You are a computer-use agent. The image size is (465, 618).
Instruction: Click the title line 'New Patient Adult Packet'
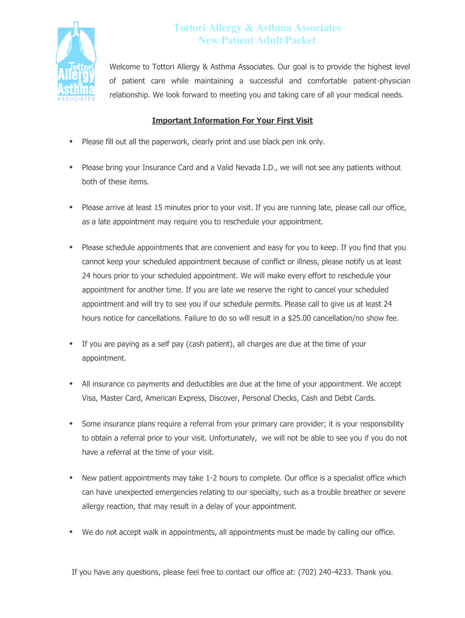257,40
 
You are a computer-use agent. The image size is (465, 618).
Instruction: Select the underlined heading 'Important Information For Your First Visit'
232,121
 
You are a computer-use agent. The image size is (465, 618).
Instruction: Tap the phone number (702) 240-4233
325,572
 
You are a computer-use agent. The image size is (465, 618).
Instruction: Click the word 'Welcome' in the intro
125,66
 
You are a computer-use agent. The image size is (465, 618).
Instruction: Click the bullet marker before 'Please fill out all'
71,141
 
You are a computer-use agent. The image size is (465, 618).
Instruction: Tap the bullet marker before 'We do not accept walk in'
71,532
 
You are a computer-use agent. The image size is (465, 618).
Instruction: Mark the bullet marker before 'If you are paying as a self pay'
71,344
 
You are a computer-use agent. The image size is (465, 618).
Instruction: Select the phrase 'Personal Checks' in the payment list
271,398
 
